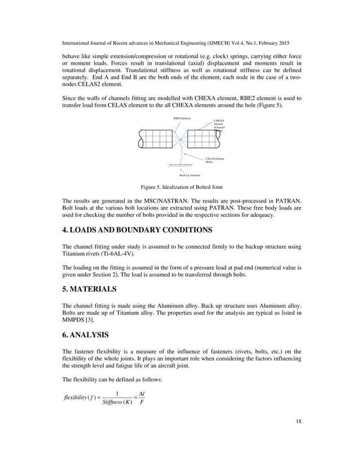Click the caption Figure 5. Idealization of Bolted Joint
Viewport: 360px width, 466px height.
[180, 187]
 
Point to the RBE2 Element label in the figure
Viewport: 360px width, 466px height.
[182, 118]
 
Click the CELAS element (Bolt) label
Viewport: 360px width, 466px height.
[214, 160]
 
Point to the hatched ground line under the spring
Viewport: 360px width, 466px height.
[181, 165]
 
